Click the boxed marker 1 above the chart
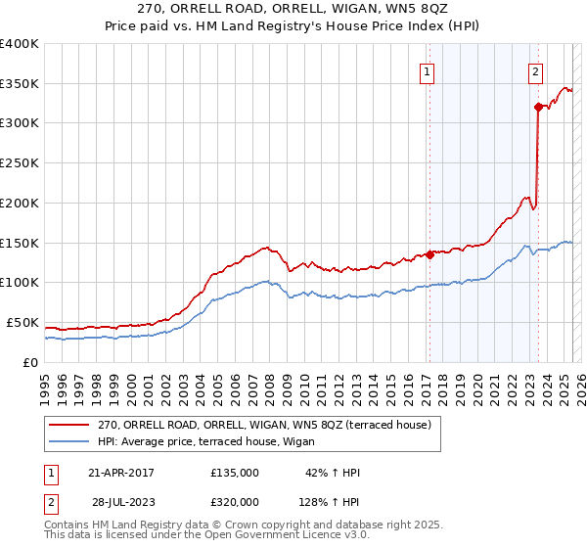tap(429, 70)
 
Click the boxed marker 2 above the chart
tap(536, 70)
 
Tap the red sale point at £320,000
tap(538, 107)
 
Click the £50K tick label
tap(23, 322)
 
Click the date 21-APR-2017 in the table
tap(121, 473)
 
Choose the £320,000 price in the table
tap(235, 501)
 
